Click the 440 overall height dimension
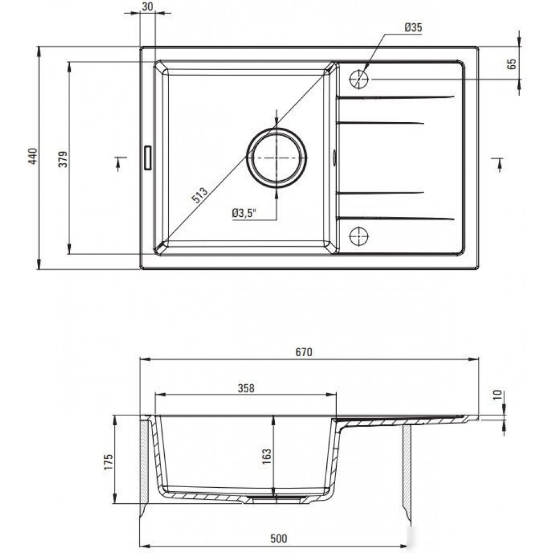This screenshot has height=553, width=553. pyautogui.click(x=33, y=156)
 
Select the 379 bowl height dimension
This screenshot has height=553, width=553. pyautogui.click(x=63, y=159)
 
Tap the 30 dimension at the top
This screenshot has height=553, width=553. pyautogui.click(x=148, y=7)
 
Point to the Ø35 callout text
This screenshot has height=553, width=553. pyautogui.click(x=413, y=28)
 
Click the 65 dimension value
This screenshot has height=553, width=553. pyautogui.click(x=512, y=64)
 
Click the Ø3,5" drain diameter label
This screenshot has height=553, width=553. pyautogui.click(x=244, y=213)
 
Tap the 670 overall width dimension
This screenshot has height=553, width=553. pyautogui.click(x=304, y=352)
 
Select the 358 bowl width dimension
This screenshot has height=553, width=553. pyautogui.click(x=246, y=388)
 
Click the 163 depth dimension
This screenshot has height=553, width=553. pyautogui.click(x=267, y=456)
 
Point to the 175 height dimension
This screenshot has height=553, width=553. pyautogui.click(x=108, y=462)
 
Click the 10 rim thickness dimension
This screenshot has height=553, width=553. pyautogui.click(x=498, y=395)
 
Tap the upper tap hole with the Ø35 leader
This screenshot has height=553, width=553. pyautogui.click(x=359, y=79)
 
